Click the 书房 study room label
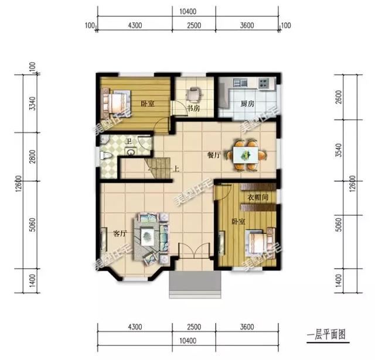pos(193,109)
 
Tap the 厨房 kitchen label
pos(247,104)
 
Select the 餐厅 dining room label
pos(213,156)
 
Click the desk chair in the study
pos(196,93)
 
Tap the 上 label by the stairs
pos(175,170)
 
